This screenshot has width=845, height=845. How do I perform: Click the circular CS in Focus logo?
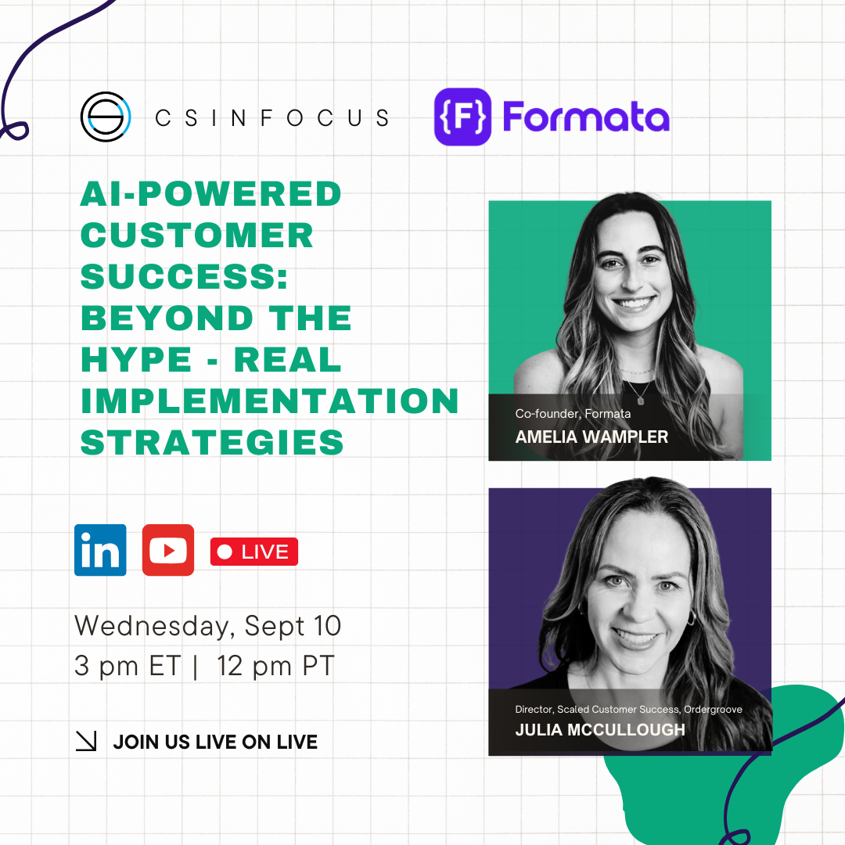[106, 117]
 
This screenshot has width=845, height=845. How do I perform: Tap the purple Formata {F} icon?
[462, 117]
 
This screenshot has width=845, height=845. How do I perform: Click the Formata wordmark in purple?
[586, 117]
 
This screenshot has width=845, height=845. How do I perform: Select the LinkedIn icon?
[100, 550]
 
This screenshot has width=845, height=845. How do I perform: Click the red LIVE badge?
[253, 552]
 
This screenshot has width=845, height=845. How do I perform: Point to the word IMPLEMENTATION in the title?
[269, 401]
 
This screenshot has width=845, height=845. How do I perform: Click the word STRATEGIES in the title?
[212, 442]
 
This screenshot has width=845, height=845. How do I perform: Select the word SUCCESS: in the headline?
[185, 276]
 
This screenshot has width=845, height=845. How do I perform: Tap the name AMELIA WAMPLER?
[591, 437]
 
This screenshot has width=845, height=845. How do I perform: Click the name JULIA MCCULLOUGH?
[600, 730]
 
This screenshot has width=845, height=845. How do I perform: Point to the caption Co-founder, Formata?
[573, 413]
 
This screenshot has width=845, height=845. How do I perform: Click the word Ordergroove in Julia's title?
[713, 709]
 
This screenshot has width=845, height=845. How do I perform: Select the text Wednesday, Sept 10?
[207, 626]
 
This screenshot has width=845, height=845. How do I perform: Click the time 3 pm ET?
[128, 666]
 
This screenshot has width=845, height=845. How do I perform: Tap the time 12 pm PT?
[275, 666]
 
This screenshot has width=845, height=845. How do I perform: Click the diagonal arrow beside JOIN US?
[86, 741]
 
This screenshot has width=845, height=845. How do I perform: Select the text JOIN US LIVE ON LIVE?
[215, 742]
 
